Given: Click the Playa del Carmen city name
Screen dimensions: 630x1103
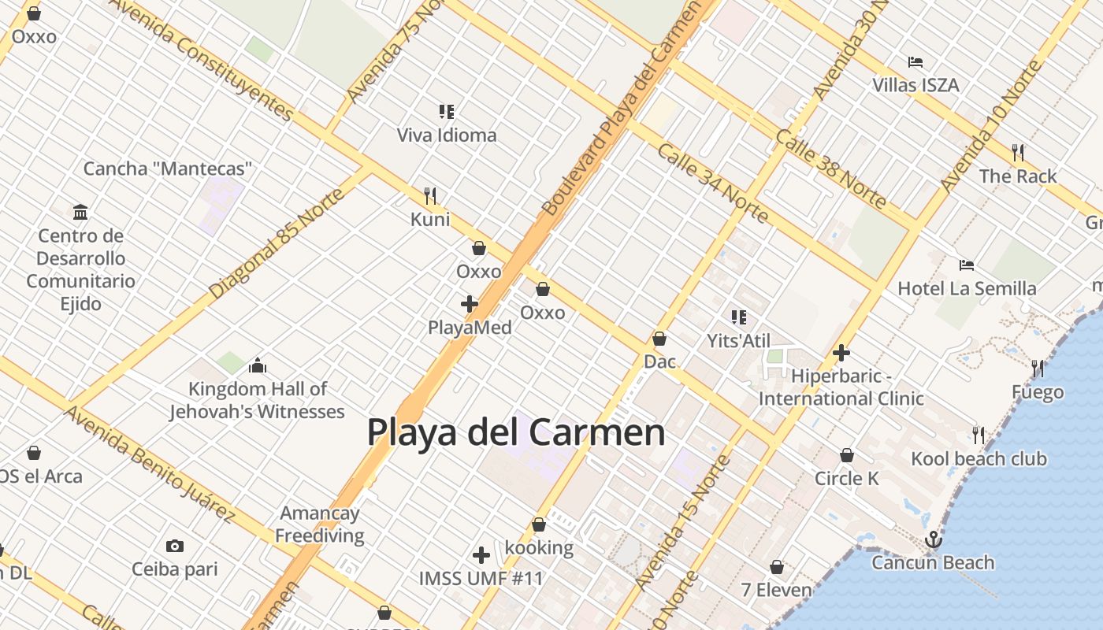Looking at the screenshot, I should click(x=516, y=432).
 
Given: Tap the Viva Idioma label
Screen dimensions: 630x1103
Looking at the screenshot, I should click(x=447, y=135).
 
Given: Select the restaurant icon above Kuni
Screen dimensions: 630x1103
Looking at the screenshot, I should click(x=430, y=195).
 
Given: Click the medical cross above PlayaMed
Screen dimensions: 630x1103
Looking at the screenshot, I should click(x=470, y=303).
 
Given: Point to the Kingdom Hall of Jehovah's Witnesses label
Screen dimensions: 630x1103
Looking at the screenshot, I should click(x=257, y=400).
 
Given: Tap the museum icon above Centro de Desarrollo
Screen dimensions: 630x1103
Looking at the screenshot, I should click(x=80, y=212).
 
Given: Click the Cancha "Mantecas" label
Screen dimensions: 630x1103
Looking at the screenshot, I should click(x=168, y=168).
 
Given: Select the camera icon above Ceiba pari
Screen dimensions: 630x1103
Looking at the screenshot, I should click(x=175, y=546).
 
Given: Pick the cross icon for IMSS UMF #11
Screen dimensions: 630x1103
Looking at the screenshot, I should click(x=481, y=555).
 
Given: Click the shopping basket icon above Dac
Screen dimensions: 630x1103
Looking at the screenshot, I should click(x=659, y=339).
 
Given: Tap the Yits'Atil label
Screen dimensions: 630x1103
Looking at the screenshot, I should click(x=738, y=340).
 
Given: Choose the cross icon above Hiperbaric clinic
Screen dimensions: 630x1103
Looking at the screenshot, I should click(x=841, y=353).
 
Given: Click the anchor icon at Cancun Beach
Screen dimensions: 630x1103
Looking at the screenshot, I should click(x=933, y=539).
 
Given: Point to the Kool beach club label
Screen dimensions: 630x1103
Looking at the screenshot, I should click(x=979, y=458).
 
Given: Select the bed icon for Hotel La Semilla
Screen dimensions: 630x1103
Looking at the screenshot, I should click(x=967, y=265).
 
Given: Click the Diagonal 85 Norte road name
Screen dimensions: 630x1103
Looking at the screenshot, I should click(x=277, y=243).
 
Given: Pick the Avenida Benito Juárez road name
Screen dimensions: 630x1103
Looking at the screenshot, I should click(x=150, y=464).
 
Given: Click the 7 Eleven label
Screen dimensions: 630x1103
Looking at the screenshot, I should click(x=776, y=590).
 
